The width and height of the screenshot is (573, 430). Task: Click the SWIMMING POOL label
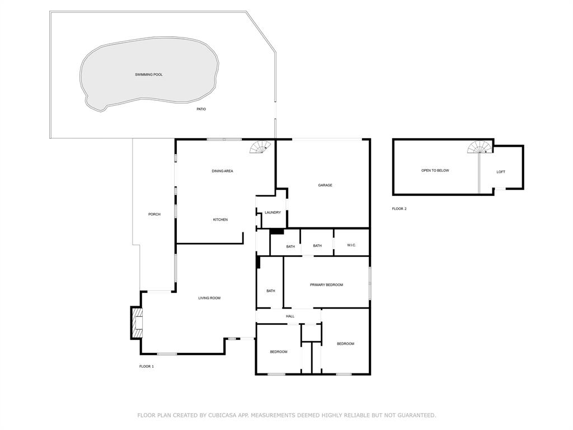pyautogui.click(x=149, y=74)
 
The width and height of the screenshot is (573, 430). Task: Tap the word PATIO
pyautogui.click(x=201, y=109)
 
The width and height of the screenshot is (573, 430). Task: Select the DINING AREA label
pyautogui.click(x=222, y=171)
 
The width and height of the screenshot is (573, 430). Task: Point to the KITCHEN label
pyautogui.click(x=220, y=219)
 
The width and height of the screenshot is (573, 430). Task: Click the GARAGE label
pyautogui.click(x=325, y=185)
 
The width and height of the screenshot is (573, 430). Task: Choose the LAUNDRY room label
pyautogui.click(x=273, y=213)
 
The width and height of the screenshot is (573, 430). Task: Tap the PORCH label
pyautogui.click(x=154, y=214)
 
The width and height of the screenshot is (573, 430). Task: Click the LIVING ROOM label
pyautogui.click(x=209, y=298)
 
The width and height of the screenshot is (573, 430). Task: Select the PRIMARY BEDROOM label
pyautogui.click(x=326, y=285)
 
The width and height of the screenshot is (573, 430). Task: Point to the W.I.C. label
pyautogui.click(x=351, y=246)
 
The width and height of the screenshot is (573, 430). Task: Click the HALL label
pyautogui.click(x=290, y=316)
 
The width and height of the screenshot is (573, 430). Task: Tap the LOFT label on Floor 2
pyautogui.click(x=501, y=172)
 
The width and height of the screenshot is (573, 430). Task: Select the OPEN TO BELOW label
pyautogui.click(x=435, y=170)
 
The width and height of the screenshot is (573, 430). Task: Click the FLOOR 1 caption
pyautogui.click(x=146, y=366)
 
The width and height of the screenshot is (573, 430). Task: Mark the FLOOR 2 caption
pyautogui.click(x=399, y=209)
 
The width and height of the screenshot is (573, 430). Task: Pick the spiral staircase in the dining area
pyautogui.click(x=261, y=148)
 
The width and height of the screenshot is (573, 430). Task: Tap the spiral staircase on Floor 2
pyautogui.click(x=480, y=147)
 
